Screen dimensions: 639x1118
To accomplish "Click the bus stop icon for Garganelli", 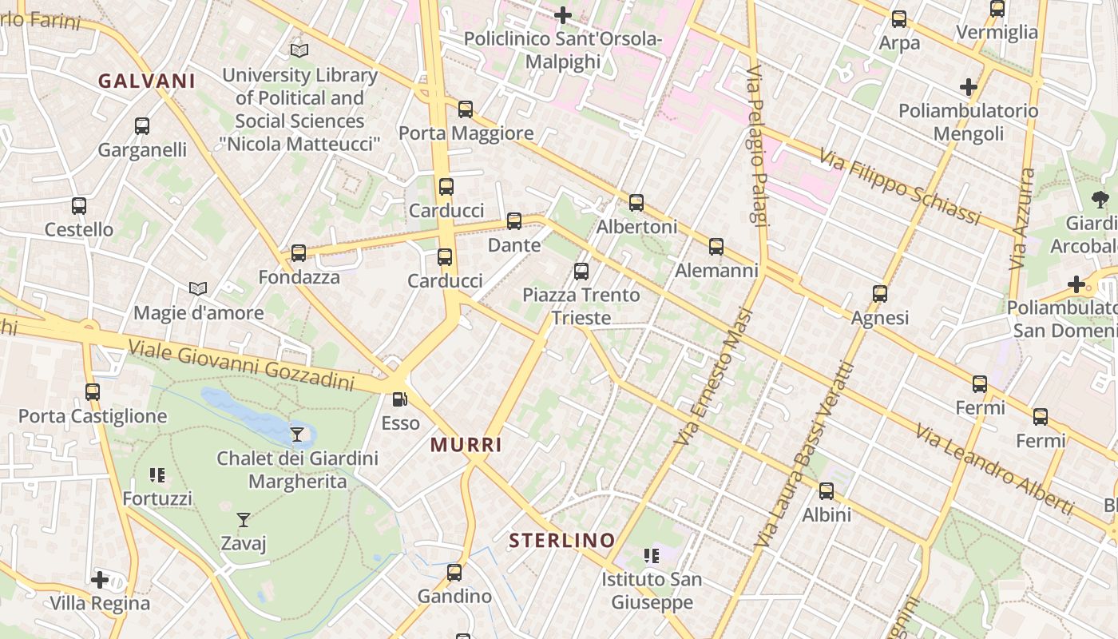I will [142, 126].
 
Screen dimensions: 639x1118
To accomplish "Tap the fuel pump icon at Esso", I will [400, 399].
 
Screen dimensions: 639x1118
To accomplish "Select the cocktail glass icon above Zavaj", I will [244, 520].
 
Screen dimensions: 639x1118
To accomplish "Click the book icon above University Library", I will [299, 50].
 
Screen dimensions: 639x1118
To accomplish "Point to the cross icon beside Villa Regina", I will [100, 579].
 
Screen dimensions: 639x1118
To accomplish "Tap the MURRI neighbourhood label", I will [466, 445].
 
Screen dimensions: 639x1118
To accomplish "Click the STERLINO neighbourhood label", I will [562, 541].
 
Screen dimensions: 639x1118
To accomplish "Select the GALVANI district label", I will [147, 81].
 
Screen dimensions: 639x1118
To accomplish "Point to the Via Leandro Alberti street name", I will [994, 469].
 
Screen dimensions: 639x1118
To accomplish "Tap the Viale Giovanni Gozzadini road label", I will [240, 366].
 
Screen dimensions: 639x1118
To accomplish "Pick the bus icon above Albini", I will [827, 491].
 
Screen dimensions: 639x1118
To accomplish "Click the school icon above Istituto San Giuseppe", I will [652, 555].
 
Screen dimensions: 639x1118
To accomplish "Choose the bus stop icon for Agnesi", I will [880, 294].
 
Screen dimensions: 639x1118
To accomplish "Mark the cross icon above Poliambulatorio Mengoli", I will [969, 86].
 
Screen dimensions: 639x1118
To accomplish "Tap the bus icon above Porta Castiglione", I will [93, 392].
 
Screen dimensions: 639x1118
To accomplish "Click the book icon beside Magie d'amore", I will [198, 288].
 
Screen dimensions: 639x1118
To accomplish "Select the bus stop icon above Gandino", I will [454, 573].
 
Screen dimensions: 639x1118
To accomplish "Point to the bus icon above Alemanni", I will [716, 247].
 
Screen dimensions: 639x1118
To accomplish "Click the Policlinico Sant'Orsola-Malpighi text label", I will [563, 50].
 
